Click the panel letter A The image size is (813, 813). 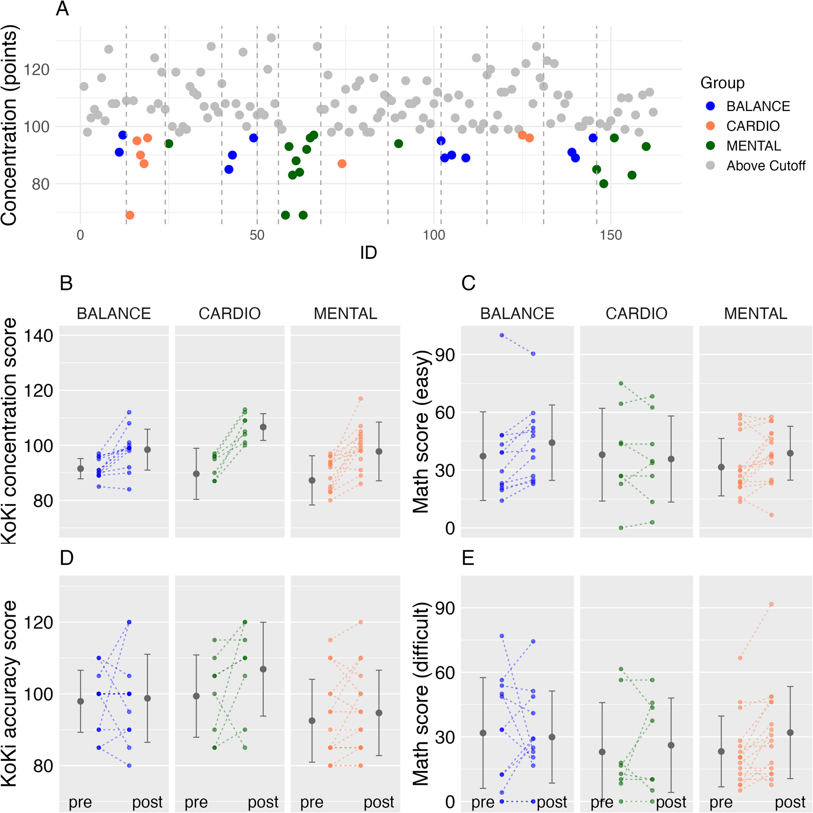tap(62, 9)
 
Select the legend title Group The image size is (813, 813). tap(722, 83)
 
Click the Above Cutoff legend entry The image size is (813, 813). tap(766, 166)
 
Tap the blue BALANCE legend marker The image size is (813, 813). tap(711, 106)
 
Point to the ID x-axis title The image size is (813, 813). tap(368, 253)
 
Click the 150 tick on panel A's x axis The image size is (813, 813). tap(611, 235)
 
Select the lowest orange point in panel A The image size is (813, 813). tap(130, 215)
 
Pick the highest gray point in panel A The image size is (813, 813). tap(271, 38)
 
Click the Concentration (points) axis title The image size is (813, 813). tap(9, 126)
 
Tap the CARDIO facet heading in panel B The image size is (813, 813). tap(229, 313)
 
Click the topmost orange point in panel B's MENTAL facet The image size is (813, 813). tap(361, 398)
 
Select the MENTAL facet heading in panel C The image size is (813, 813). tap(756, 313)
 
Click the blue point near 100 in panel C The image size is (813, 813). tap(502, 335)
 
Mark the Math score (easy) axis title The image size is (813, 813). tap(421, 431)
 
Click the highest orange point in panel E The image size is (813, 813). tap(771, 604)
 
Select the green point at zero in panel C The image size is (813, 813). tap(621, 528)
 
